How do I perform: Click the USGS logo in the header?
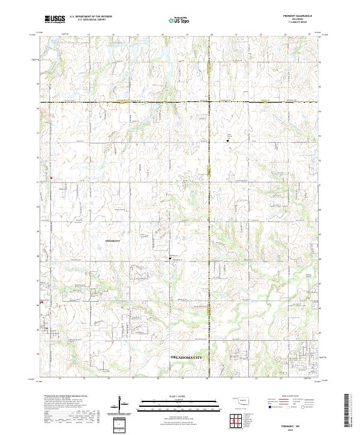[x=54, y=19]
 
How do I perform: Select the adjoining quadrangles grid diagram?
[x=235, y=421]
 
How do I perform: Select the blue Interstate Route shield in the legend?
[x=269, y=406]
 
